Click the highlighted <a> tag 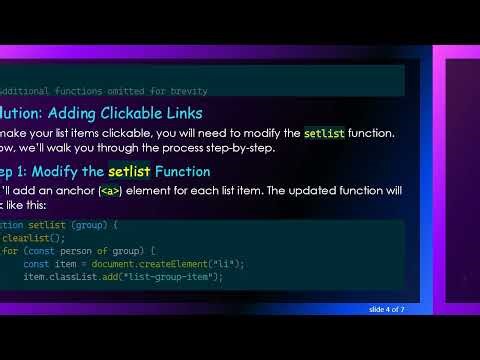tap(109, 191)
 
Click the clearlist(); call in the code tap(33, 238)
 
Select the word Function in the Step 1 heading tap(186, 171)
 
